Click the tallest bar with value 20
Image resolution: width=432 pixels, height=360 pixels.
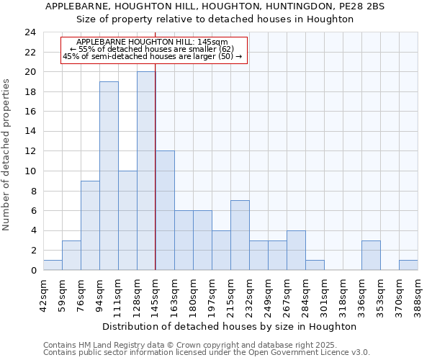[x=146, y=171]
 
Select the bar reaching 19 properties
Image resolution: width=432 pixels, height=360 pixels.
[x=109, y=176]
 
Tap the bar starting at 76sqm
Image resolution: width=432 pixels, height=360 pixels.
[x=90, y=225]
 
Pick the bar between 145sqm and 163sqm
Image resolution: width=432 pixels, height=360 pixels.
[x=165, y=211]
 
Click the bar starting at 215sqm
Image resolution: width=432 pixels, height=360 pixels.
[x=240, y=235]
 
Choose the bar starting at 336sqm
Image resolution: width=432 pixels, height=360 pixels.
[x=371, y=256]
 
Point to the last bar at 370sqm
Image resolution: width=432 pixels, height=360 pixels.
[x=408, y=265]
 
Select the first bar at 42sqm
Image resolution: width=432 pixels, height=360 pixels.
[x=53, y=265]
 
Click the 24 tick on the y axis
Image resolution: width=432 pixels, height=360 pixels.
[x=30, y=32]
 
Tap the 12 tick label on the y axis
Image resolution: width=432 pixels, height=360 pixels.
[x=30, y=151]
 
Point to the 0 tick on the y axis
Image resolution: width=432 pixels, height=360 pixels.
[x=33, y=270]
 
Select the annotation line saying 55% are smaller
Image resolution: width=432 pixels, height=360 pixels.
[x=152, y=49]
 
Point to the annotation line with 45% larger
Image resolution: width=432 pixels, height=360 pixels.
[x=153, y=56]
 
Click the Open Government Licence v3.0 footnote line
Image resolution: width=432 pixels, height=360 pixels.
[x=207, y=352]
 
